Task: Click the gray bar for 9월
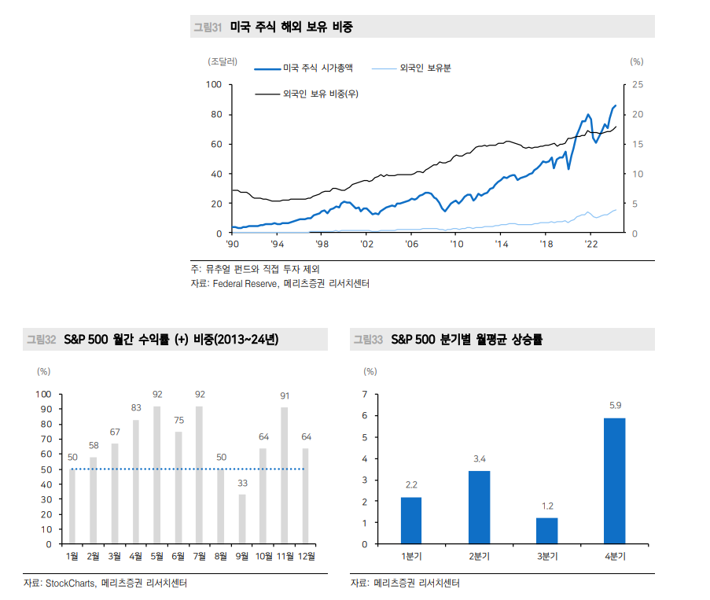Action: (x=242, y=519)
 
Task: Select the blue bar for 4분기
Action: (x=615, y=480)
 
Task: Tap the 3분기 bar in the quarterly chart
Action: (x=546, y=531)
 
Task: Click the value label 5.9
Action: (x=616, y=406)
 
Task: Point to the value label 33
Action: (x=242, y=483)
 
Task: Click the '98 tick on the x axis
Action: (x=322, y=245)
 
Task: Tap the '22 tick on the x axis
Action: (x=592, y=245)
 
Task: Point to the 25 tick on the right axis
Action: (x=638, y=84)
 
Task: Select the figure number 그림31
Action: (x=208, y=28)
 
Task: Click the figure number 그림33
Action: (x=367, y=340)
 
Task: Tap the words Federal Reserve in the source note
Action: (x=245, y=284)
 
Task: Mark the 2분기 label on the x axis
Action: (x=479, y=557)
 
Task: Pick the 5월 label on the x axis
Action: (x=157, y=557)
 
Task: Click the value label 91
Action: (x=285, y=396)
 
